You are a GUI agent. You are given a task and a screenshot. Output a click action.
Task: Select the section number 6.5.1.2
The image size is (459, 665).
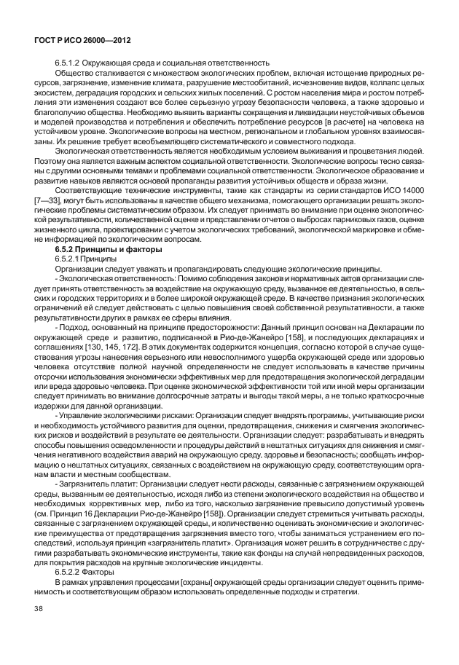pos(68,64)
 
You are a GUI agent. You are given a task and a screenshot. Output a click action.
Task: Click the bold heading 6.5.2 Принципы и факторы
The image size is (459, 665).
pos(106,250)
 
